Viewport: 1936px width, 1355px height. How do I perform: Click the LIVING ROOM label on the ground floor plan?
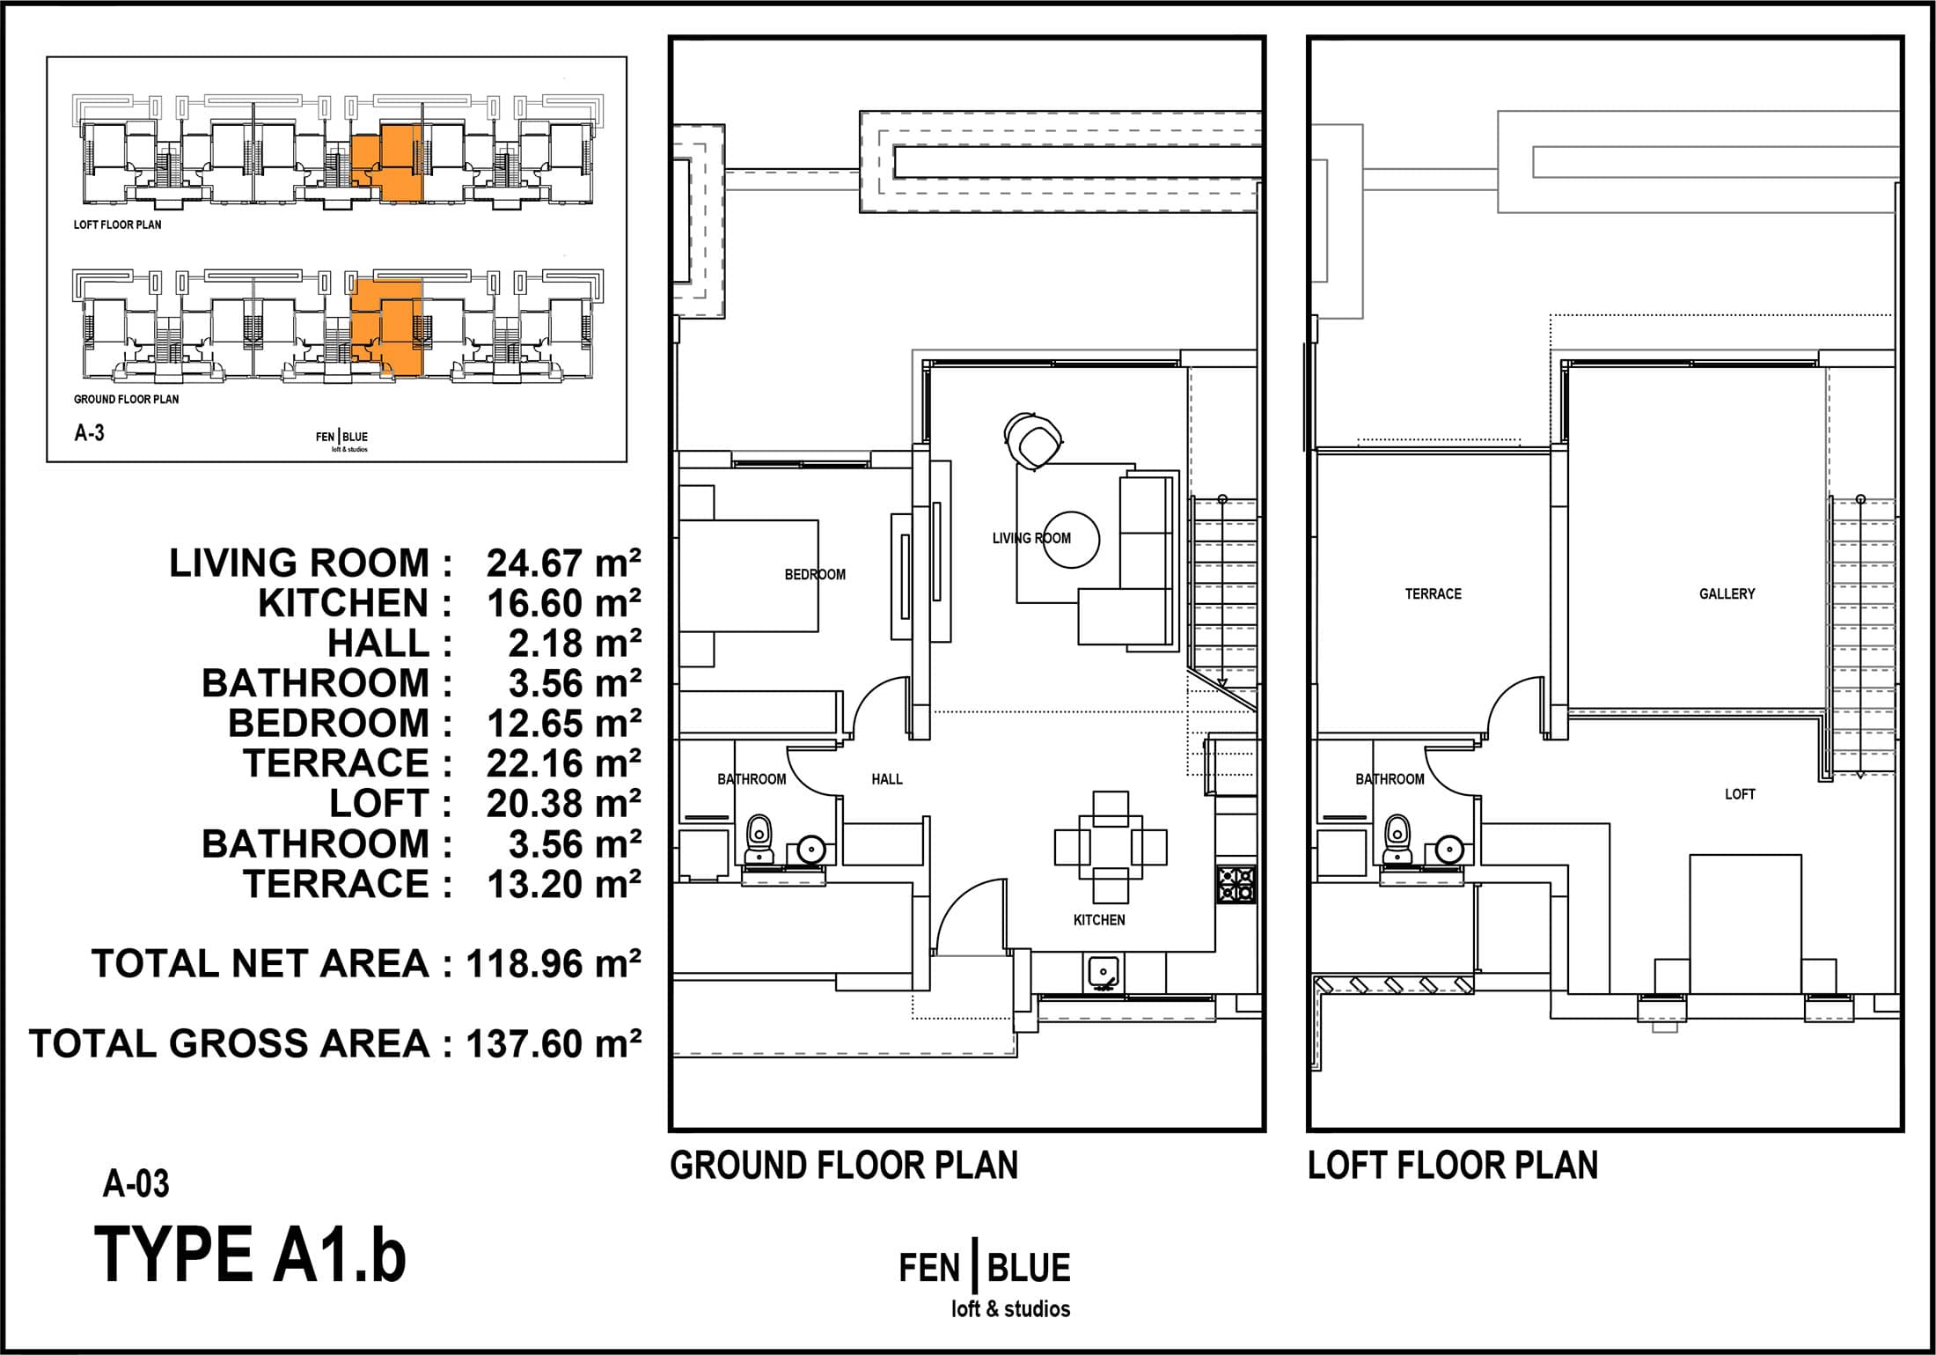pyautogui.click(x=1031, y=538)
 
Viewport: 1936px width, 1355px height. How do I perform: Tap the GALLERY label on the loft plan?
pyautogui.click(x=1727, y=594)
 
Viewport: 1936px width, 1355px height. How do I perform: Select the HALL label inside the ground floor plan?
pyautogui.click(x=887, y=779)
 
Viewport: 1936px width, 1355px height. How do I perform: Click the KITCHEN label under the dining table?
pyautogui.click(x=1099, y=920)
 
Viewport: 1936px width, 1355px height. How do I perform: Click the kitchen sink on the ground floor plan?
pyautogui.click(x=1103, y=970)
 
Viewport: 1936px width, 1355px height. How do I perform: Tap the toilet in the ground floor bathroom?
pyautogui.click(x=759, y=839)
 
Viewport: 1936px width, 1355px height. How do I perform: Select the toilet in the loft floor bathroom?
pyautogui.click(x=1397, y=839)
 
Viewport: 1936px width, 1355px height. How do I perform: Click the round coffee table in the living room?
pyautogui.click(x=1071, y=539)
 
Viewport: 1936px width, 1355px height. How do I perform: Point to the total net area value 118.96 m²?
pyautogui.click(x=554, y=964)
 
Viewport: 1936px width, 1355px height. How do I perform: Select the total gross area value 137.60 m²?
pyautogui.click(x=554, y=1043)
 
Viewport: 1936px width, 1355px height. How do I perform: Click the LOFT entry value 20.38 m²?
pyautogui.click(x=564, y=804)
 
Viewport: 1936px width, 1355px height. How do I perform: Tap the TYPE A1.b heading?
pyautogui.click(x=251, y=1255)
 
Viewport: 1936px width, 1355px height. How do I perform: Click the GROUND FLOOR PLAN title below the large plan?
pyautogui.click(x=844, y=1165)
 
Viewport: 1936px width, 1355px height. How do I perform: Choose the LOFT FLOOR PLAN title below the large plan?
pyautogui.click(x=1453, y=1165)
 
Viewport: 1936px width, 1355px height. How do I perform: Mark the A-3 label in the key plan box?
pyautogui.click(x=90, y=432)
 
